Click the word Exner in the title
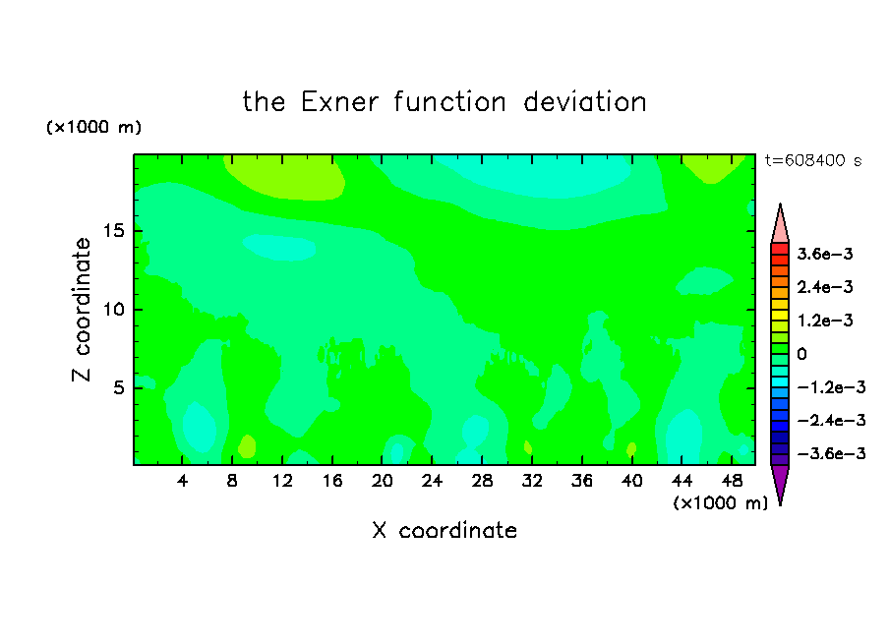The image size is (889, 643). (x=339, y=102)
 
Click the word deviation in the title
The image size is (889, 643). (x=585, y=102)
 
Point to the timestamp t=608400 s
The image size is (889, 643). (x=813, y=160)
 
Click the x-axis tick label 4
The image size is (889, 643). (x=182, y=481)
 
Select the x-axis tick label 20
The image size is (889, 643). (x=383, y=481)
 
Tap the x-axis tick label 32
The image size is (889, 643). (x=532, y=481)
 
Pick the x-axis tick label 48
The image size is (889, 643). (x=732, y=481)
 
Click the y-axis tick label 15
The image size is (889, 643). (x=114, y=231)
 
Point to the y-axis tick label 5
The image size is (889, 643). (x=118, y=387)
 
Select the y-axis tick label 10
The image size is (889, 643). (x=114, y=310)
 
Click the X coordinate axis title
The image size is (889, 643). (x=444, y=531)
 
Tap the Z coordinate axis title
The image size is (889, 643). (x=82, y=310)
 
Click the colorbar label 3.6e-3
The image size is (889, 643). (x=824, y=254)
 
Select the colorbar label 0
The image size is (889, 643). (x=801, y=354)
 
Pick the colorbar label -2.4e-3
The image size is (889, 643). (x=831, y=420)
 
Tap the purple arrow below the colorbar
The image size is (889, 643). (x=780, y=483)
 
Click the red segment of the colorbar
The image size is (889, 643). (x=780, y=249)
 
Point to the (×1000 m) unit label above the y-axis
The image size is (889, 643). (x=93, y=127)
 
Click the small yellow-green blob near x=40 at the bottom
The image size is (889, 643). (x=631, y=449)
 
